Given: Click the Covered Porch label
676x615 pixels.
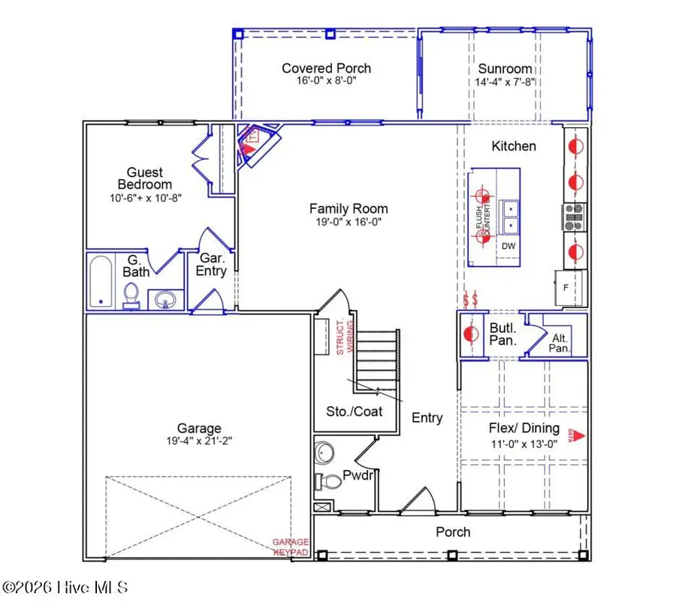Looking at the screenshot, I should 326,68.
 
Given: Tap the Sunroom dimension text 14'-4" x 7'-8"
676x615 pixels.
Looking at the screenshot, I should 504,82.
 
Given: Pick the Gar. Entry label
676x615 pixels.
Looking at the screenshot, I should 211,265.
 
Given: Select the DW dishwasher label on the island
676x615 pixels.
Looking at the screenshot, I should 508,246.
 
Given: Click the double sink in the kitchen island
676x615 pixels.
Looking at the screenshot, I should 510,217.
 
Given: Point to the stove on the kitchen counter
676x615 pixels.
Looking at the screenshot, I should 575,217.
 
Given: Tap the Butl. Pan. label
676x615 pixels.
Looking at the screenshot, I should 502,335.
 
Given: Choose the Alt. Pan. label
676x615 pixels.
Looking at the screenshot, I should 560,343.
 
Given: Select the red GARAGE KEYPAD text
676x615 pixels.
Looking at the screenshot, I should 290,547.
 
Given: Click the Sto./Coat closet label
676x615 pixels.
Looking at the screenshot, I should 355,411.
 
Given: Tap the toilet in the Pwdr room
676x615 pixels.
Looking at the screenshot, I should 330,480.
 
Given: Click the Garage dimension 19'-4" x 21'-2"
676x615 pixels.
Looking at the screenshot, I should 199,441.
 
